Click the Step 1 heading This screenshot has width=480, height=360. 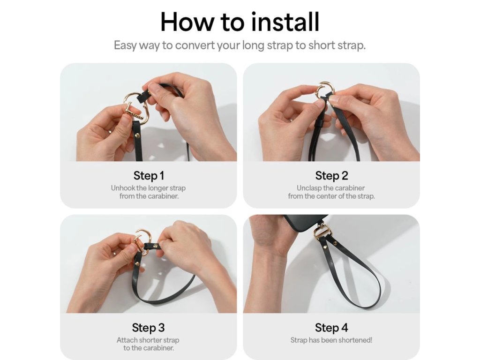click(x=149, y=176)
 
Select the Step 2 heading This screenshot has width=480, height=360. click(x=331, y=176)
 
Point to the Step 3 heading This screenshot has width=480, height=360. click(x=149, y=328)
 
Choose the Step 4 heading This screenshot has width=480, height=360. click(x=331, y=328)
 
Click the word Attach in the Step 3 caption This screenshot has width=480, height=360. click(x=127, y=340)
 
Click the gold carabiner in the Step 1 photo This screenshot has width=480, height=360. click(x=135, y=108)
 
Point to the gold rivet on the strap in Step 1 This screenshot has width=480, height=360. click(x=137, y=135)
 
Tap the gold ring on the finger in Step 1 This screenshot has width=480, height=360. click(x=110, y=132)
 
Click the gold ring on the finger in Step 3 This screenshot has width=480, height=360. click(x=113, y=253)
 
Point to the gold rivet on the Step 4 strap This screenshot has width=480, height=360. click(x=335, y=244)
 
